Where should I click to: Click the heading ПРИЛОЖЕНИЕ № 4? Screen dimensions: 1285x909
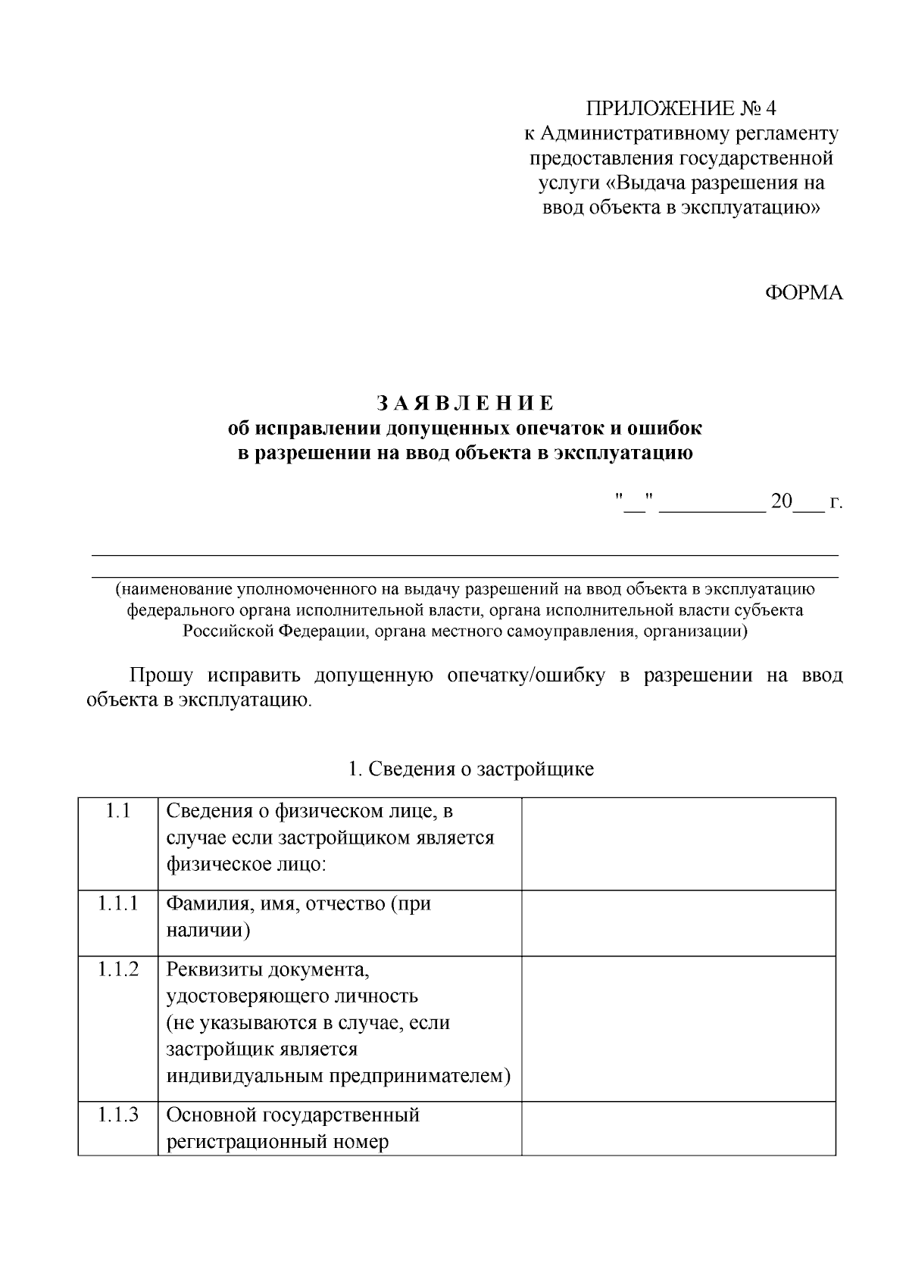click(682, 108)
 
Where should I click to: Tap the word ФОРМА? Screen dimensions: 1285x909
click(803, 294)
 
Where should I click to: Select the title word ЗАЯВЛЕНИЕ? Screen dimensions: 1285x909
click(465, 402)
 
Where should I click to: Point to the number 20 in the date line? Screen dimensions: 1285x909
click(781, 502)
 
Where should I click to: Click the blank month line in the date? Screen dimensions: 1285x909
click(712, 507)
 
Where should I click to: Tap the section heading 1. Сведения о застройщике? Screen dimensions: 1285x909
click(470, 769)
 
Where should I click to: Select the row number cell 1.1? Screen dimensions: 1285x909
click(117, 812)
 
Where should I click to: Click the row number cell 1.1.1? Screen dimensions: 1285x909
click(117, 903)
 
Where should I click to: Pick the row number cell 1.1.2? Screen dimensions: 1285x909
click(117, 969)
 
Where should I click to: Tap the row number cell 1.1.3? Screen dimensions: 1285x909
click(117, 1115)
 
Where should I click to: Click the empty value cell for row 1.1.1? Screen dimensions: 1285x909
click(678, 922)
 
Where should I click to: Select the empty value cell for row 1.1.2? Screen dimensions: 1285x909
click(678, 1028)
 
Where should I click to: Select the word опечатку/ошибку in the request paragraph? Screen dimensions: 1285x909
click(526, 675)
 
